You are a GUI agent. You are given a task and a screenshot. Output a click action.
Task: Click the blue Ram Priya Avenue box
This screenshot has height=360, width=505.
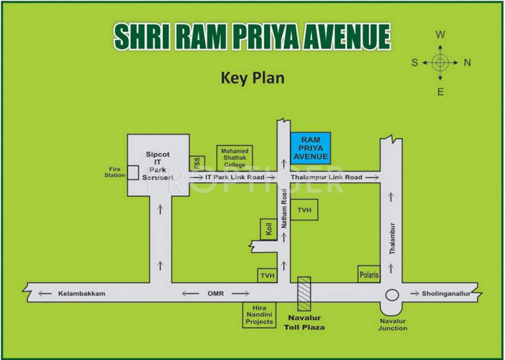[311, 148]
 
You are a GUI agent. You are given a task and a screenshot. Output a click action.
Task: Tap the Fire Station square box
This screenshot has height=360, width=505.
[133, 172]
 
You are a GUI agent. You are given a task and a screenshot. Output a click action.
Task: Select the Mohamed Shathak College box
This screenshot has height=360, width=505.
[235, 158]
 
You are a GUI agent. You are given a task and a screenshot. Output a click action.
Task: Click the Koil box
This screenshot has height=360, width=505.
[268, 229]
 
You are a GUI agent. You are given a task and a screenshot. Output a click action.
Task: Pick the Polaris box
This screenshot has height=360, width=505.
[369, 275]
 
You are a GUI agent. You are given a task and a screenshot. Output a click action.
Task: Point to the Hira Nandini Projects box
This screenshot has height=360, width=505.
[259, 315]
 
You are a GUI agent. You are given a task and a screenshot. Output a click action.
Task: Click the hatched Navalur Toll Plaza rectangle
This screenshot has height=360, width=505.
[304, 293]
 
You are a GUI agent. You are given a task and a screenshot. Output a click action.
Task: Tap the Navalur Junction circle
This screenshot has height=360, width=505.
[392, 295]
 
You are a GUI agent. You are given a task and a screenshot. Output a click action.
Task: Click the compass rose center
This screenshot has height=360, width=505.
[440, 62]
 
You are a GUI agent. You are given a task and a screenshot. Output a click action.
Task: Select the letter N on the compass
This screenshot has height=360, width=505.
[467, 63]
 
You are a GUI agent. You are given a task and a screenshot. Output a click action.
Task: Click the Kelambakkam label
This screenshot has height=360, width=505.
[82, 293]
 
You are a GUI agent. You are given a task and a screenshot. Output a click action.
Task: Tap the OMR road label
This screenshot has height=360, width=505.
[215, 293]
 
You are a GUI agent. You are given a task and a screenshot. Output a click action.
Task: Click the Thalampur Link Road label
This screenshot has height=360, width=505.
[327, 177]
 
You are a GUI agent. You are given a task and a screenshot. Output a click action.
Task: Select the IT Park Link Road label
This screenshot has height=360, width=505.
[234, 177]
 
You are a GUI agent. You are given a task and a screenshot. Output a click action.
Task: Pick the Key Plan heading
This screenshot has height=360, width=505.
[252, 77]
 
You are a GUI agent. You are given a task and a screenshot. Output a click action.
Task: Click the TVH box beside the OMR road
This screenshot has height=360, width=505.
[267, 276]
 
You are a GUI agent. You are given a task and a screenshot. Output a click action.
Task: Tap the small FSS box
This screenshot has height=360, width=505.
[197, 163]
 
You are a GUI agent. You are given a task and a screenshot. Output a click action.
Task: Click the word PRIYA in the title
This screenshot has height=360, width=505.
[265, 37]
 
